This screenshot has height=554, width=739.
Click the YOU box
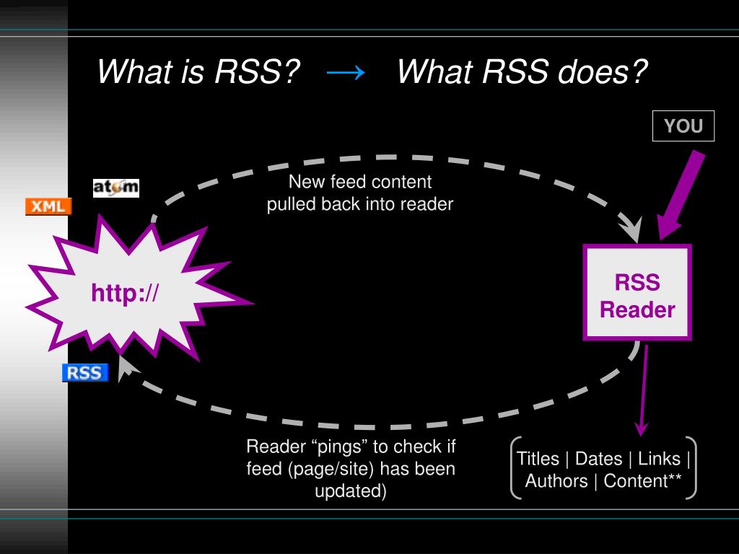pyautogui.click(x=683, y=126)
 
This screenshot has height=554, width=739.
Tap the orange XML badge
pyautogui.click(x=48, y=206)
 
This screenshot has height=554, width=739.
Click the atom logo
pyautogui.click(x=115, y=188)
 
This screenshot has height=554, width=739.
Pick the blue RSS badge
pyautogui.click(x=84, y=373)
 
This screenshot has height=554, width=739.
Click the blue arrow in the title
pyautogui.click(x=346, y=71)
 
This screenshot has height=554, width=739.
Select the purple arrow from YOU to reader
pyautogui.click(x=682, y=195)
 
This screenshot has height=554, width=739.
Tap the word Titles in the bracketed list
pyautogui.click(x=538, y=459)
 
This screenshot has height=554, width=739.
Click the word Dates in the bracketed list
pyautogui.click(x=598, y=459)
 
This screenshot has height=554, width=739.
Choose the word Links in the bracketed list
pyautogui.click(x=659, y=459)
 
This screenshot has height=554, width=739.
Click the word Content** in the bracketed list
pyautogui.click(x=642, y=481)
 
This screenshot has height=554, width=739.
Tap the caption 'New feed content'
pyautogui.click(x=359, y=181)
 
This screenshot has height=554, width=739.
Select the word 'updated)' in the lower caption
pyautogui.click(x=351, y=492)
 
